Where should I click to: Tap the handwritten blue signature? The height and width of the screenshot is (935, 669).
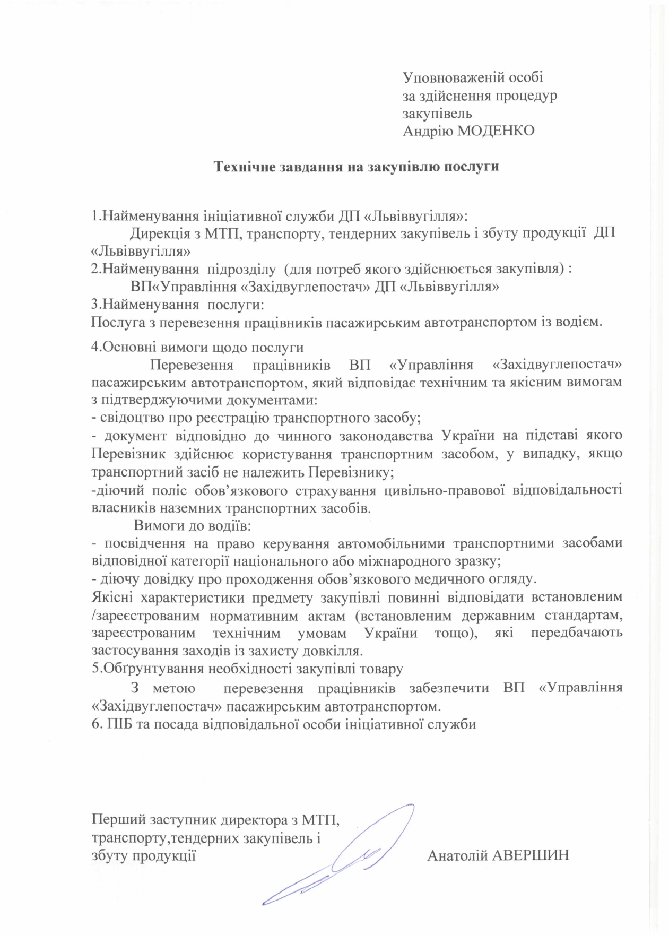tap(340, 854)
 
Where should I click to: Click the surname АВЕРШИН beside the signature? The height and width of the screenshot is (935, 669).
tap(531, 855)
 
